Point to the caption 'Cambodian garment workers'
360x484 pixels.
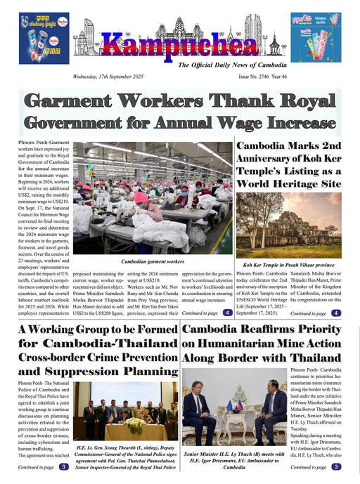tap(153, 261)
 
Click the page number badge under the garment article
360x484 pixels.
tap(227, 312)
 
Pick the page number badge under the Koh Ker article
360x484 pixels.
tap(337, 313)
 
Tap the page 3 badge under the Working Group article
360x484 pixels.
tap(63, 466)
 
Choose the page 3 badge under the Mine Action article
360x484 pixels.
tap(337, 466)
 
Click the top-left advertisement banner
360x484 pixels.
tap(44, 37)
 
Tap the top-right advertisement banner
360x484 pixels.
tap(316, 37)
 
